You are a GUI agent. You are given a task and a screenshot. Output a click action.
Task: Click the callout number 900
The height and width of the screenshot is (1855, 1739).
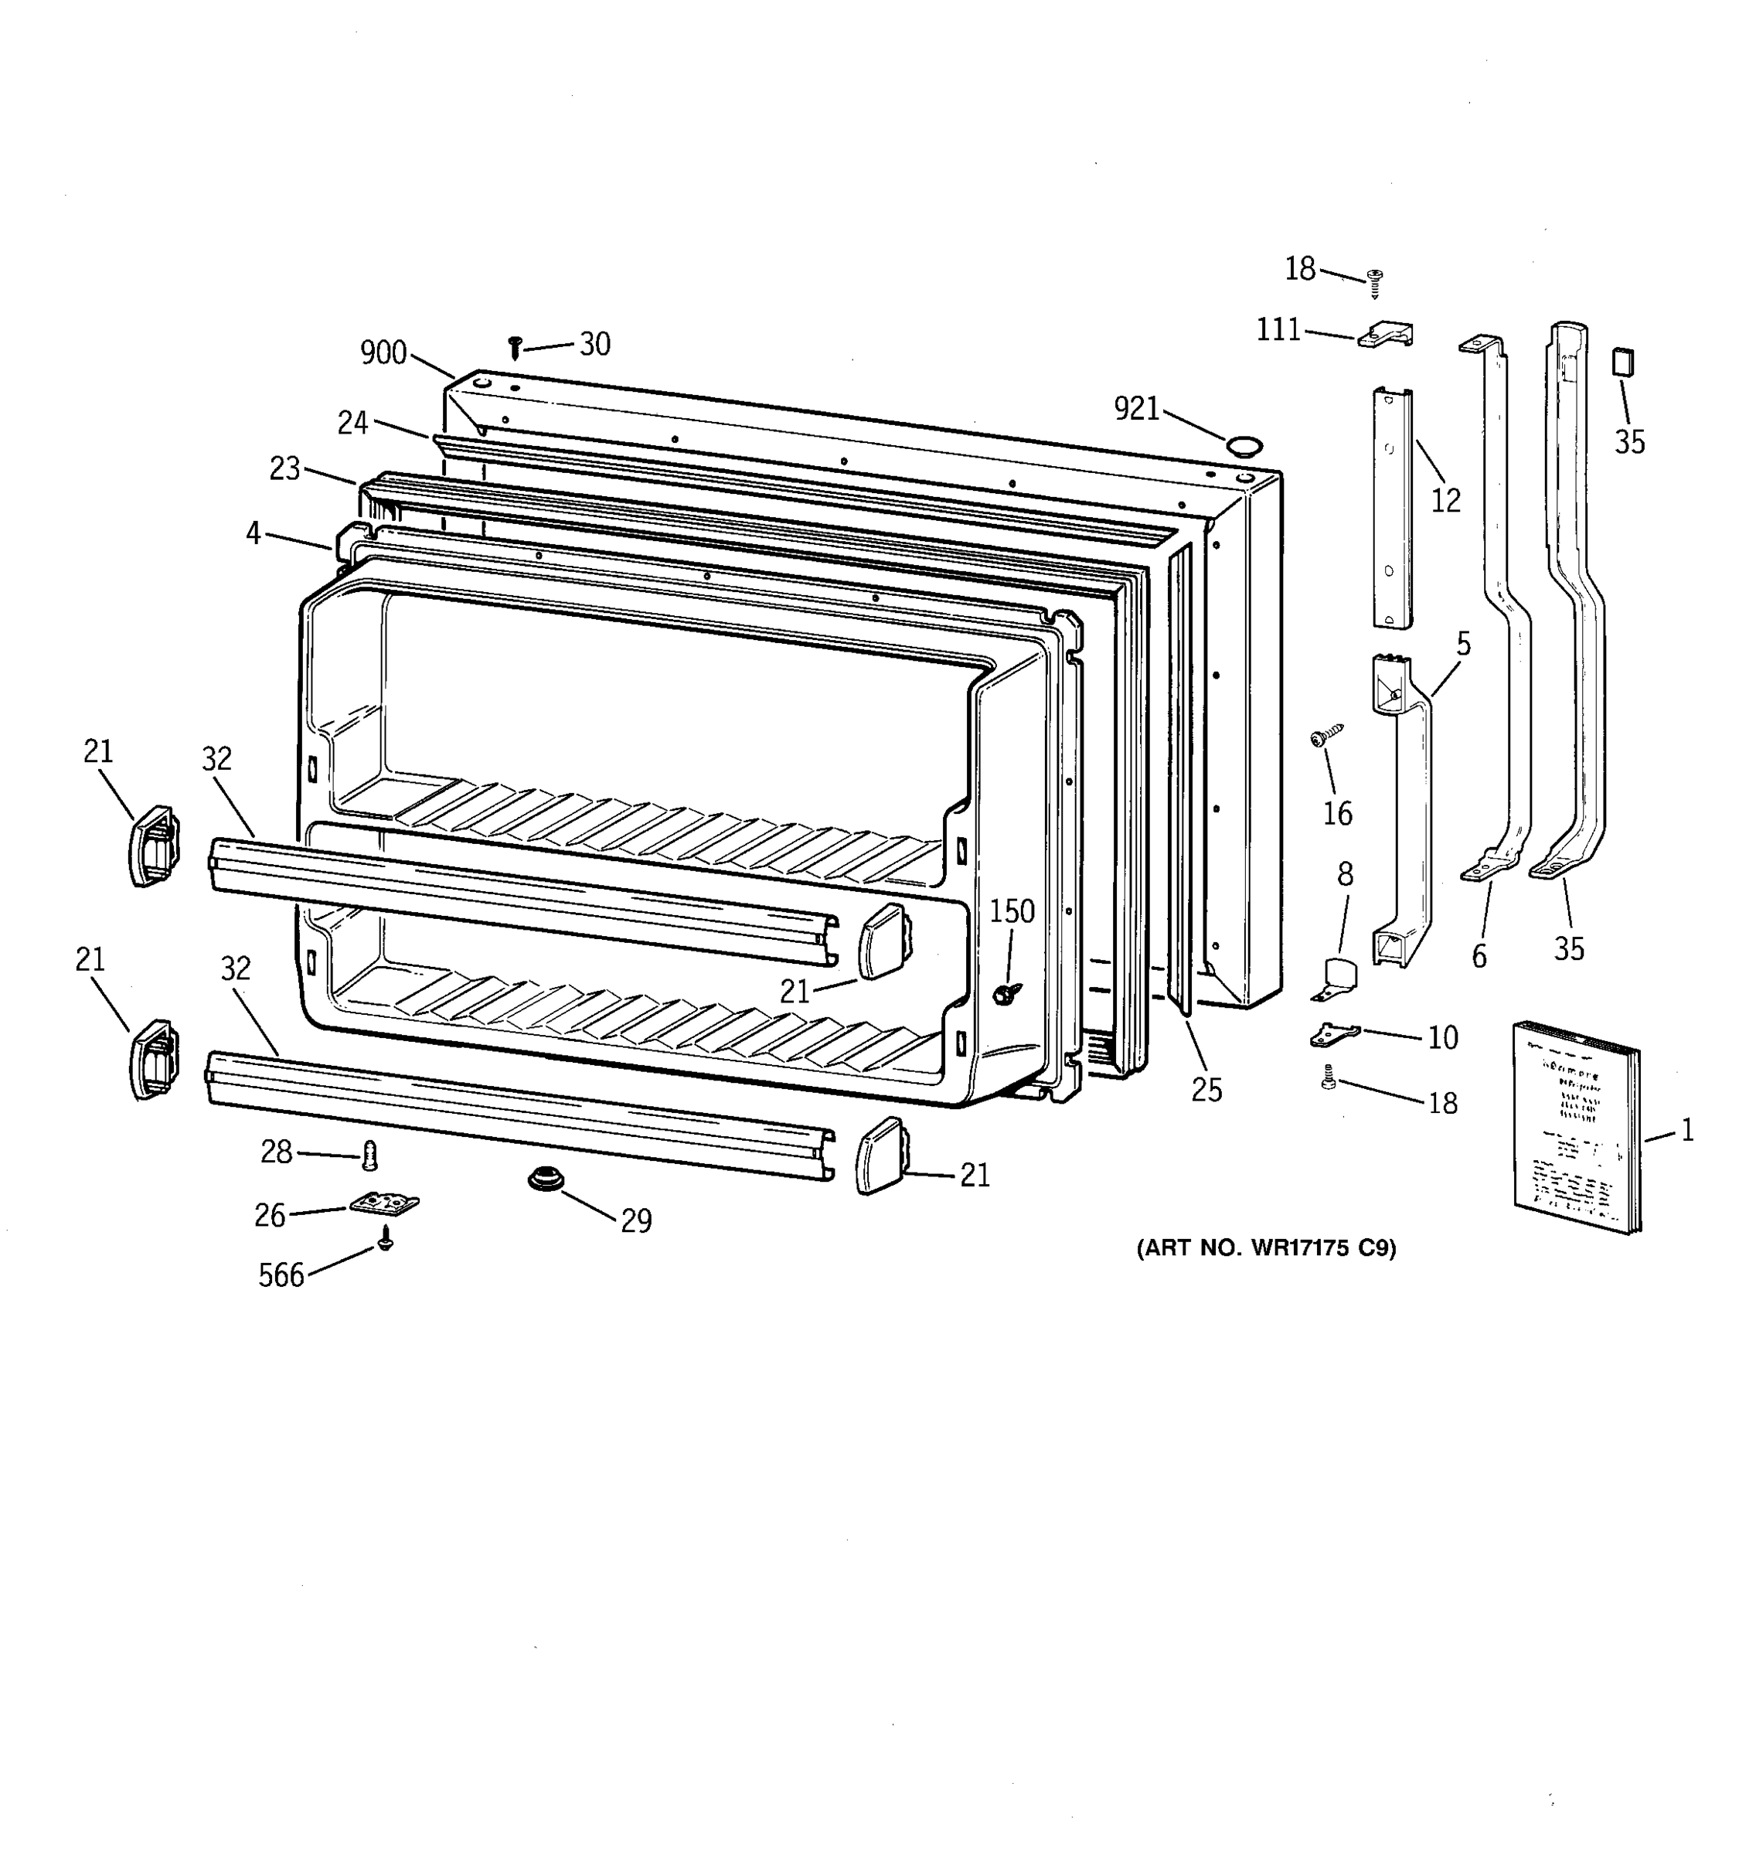(383, 352)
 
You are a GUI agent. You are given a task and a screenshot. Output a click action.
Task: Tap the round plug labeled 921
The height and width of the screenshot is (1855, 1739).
(1242, 444)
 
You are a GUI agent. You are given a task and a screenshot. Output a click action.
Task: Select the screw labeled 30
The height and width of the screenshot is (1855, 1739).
(514, 348)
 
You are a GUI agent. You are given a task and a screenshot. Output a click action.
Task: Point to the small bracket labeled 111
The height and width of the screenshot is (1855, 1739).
(1386, 335)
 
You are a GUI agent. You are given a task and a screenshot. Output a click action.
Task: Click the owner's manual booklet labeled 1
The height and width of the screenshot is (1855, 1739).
(1575, 1126)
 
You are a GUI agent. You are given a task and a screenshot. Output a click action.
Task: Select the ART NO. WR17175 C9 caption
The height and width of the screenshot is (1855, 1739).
(1266, 1248)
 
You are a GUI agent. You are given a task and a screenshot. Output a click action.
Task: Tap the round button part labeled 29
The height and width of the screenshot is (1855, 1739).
(542, 1180)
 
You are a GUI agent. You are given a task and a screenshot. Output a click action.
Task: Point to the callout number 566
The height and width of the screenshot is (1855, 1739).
(281, 1275)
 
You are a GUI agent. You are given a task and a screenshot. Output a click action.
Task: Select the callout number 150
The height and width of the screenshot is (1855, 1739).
(1011, 911)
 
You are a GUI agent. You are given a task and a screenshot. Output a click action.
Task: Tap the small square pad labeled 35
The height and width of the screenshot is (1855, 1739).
(1625, 361)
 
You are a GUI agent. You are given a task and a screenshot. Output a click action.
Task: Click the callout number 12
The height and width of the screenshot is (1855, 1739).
(1445, 501)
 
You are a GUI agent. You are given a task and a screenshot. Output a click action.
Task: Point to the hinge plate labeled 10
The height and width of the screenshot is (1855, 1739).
(1334, 1034)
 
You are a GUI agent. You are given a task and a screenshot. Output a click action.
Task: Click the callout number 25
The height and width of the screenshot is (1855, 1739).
(1206, 1089)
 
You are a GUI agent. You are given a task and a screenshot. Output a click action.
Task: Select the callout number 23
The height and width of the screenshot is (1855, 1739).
(284, 468)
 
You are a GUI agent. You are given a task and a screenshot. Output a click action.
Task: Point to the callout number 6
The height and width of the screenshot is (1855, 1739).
(1479, 956)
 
